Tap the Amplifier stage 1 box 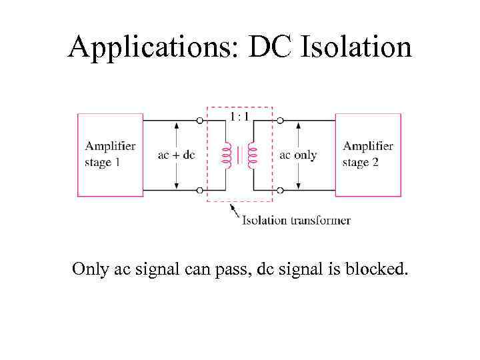110,155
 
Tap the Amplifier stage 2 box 367,155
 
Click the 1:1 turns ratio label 240,117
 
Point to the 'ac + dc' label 177,155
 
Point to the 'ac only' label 298,155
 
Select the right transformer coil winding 252,155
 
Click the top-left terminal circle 200,121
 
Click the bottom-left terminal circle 200,190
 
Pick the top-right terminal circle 279,121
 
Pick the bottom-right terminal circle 279,190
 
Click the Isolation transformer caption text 296,220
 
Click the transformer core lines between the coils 239,155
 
